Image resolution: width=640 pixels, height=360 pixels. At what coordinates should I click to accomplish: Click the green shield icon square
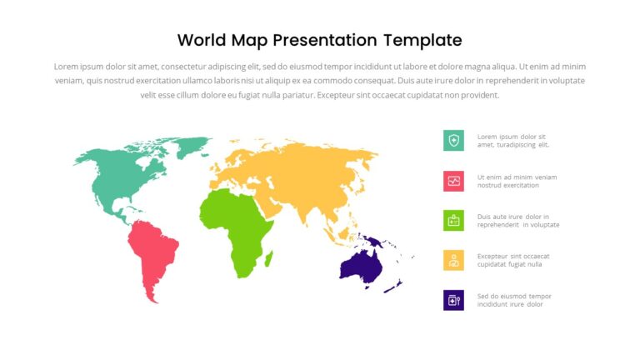coord(453,141)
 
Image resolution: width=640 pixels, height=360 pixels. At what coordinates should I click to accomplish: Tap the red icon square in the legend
coord(453,181)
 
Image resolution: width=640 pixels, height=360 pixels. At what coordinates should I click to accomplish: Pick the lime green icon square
coord(453,220)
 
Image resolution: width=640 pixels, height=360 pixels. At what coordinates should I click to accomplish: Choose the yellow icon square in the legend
coord(453,260)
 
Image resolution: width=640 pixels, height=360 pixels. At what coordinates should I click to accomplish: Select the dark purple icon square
coord(453,300)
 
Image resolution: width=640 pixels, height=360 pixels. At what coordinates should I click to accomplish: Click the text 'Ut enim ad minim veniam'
coord(517,177)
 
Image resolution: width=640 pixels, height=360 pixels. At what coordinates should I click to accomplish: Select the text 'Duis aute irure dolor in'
coord(512,217)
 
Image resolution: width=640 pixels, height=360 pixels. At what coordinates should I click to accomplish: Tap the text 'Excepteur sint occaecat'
coord(513,256)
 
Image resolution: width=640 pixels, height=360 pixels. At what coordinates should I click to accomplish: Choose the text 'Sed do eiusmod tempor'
coord(514,296)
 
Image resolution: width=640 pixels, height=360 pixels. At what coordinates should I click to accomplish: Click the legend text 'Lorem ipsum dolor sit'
coord(511,137)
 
